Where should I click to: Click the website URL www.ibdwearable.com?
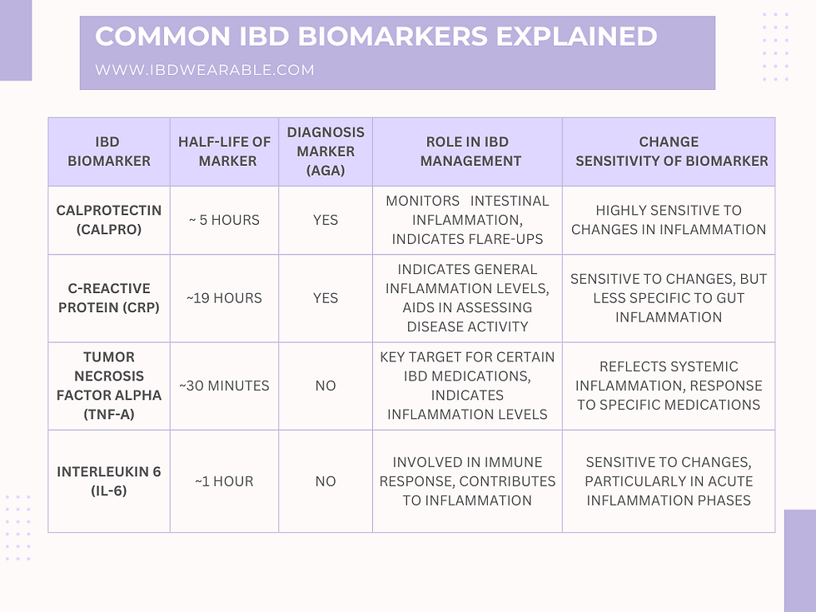[205, 70]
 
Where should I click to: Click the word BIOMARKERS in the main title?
[393, 37]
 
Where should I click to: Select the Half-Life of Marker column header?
[224, 152]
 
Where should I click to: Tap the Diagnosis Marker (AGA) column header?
[326, 152]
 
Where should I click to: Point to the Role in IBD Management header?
[468, 152]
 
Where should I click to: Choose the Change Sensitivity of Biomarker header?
[669, 152]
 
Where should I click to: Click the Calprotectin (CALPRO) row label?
[109, 220]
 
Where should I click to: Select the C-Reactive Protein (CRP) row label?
[109, 298]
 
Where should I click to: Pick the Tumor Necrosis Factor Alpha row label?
[109, 386]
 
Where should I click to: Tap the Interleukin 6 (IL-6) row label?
[109, 481]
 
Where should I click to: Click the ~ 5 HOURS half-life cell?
[224, 220]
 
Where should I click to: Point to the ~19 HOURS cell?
[224, 298]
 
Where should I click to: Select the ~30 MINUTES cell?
[224, 386]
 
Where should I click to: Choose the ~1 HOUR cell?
[224, 481]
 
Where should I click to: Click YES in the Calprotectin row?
[326, 220]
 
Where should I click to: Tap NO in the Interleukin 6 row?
[326, 481]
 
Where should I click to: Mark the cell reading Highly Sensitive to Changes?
[669, 220]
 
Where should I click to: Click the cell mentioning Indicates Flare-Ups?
[467, 220]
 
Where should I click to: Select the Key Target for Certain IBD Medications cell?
[467, 386]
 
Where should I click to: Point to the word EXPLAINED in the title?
[576, 37]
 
